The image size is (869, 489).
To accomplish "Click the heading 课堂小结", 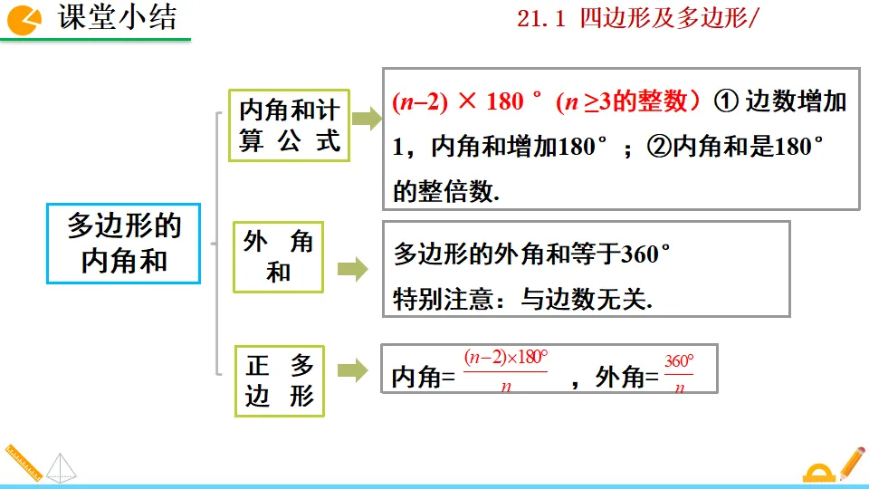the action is tap(118, 18).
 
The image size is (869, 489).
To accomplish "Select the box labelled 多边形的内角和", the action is tap(124, 244).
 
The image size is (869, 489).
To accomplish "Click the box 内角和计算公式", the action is tap(289, 126).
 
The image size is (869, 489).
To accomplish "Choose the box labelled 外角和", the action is tap(278, 256).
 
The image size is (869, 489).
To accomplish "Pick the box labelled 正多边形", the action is tap(279, 380).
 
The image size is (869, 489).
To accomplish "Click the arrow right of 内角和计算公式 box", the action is tap(366, 120).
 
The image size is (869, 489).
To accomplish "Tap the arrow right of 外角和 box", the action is tap(352, 269).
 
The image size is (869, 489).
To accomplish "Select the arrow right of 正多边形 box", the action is tap(352, 369).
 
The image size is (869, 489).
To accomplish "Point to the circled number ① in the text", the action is tap(727, 101).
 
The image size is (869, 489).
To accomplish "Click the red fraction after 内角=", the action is tap(506, 369).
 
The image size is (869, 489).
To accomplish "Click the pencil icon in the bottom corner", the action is tap(851, 462).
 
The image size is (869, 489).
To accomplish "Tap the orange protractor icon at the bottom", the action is tap(819, 472).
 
